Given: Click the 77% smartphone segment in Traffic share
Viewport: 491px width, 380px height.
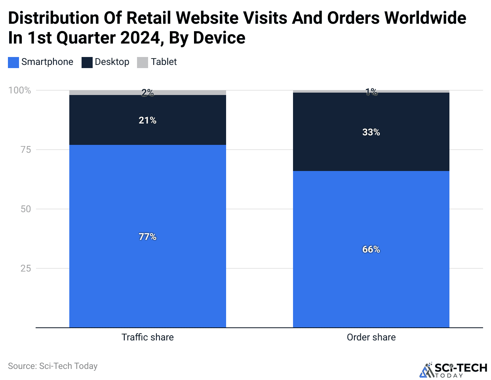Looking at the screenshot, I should [x=147, y=236].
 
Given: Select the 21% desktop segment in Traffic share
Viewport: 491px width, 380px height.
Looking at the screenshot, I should [x=147, y=120].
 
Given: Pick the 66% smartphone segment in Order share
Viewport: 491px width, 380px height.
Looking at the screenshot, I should [x=371, y=249].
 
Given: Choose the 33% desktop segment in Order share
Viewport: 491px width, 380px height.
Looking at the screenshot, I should [x=371, y=132].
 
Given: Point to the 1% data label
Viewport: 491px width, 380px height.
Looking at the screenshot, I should [x=371, y=92].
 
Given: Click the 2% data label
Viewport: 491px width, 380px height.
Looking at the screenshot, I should [x=147, y=93].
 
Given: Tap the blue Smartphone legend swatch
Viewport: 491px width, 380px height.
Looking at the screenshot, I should [x=13, y=63].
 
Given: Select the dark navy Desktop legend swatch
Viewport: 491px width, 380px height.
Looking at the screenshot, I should [x=87, y=63].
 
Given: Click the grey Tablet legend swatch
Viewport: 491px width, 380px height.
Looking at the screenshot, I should [x=143, y=63].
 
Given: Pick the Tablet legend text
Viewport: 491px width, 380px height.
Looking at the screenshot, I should [x=164, y=62].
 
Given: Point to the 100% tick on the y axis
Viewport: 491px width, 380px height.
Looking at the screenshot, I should [x=20, y=90].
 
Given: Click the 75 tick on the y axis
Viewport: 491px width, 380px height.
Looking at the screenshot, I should [x=25, y=150].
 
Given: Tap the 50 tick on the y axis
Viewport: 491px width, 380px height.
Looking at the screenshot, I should [x=25, y=209].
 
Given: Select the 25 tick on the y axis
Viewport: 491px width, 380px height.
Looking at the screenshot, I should [x=25, y=268].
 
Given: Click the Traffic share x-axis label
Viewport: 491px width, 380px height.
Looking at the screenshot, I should [x=147, y=337].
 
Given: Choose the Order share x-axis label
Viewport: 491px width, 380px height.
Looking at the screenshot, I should [x=371, y=337].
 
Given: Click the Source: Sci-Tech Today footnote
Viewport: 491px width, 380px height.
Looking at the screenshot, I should [x=53, y=366].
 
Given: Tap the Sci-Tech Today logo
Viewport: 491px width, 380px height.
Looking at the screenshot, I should [x=453, y=370].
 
